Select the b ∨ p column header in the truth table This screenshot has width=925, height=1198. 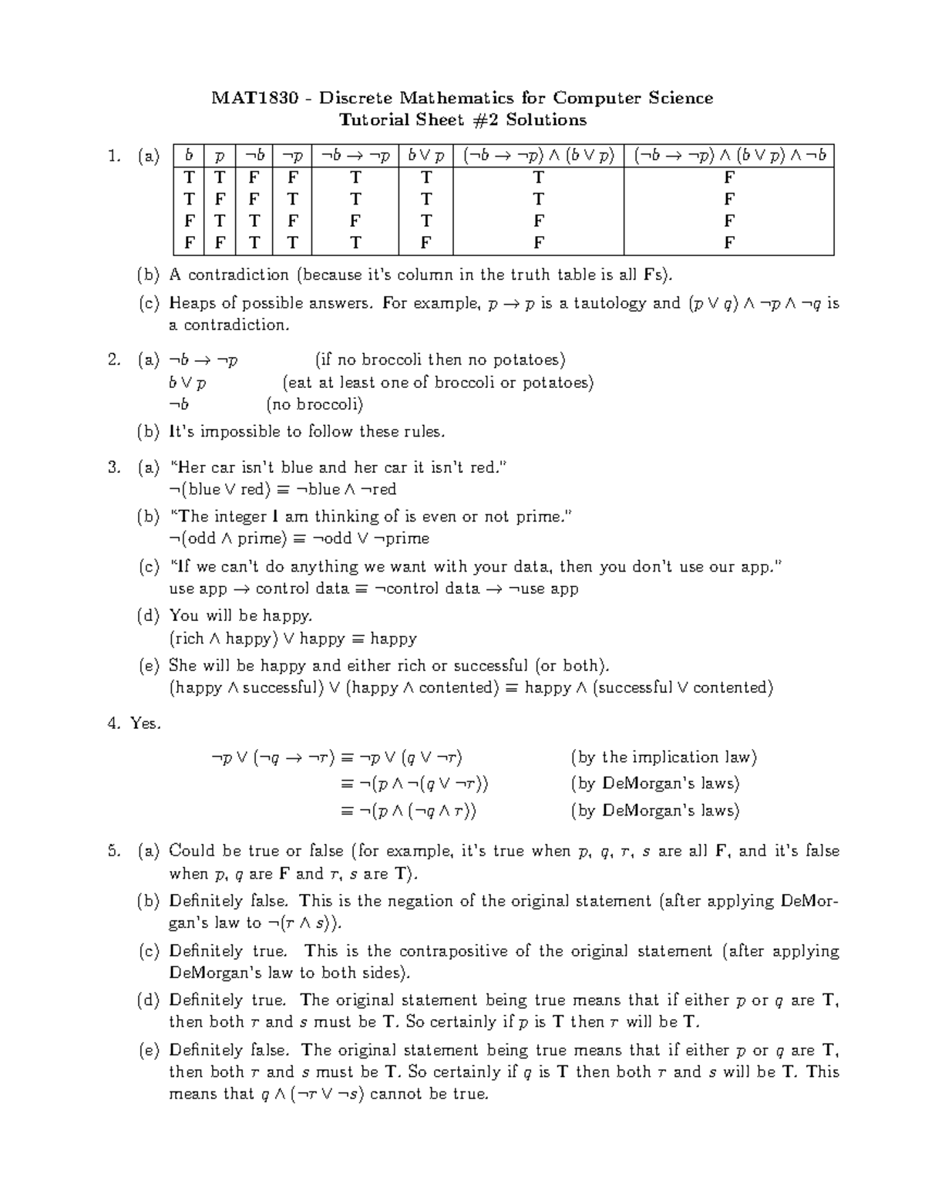425,156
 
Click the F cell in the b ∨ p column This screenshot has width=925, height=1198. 425,243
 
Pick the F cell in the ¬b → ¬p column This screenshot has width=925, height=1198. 355,221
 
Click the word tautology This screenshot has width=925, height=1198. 602,303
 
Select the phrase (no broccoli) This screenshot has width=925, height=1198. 314,404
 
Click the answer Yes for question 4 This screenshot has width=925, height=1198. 145,724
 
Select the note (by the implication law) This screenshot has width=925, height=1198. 664,758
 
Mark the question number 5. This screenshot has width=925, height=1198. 114,852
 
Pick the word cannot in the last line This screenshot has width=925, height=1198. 398,1094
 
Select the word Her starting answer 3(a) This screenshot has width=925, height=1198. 189,467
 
